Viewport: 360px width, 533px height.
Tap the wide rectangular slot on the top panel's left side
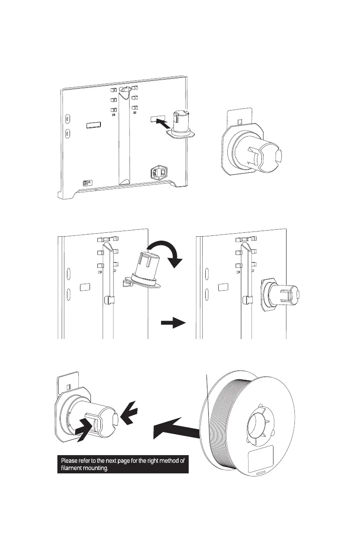pyautogui.click(x=93, y=125)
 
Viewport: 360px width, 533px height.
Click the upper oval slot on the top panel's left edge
pyautogui.click(x=67, y=118)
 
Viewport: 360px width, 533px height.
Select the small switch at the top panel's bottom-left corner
pyautogui.click(x=86, y=184)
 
